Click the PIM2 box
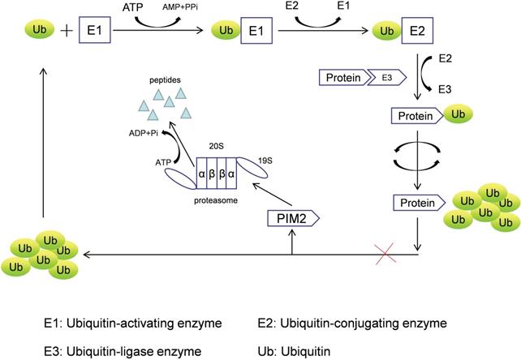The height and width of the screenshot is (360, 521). [x=291, y=218]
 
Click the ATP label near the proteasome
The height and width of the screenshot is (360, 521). [x=165, y=162]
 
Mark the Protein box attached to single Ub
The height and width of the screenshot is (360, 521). [x=416, y=115]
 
